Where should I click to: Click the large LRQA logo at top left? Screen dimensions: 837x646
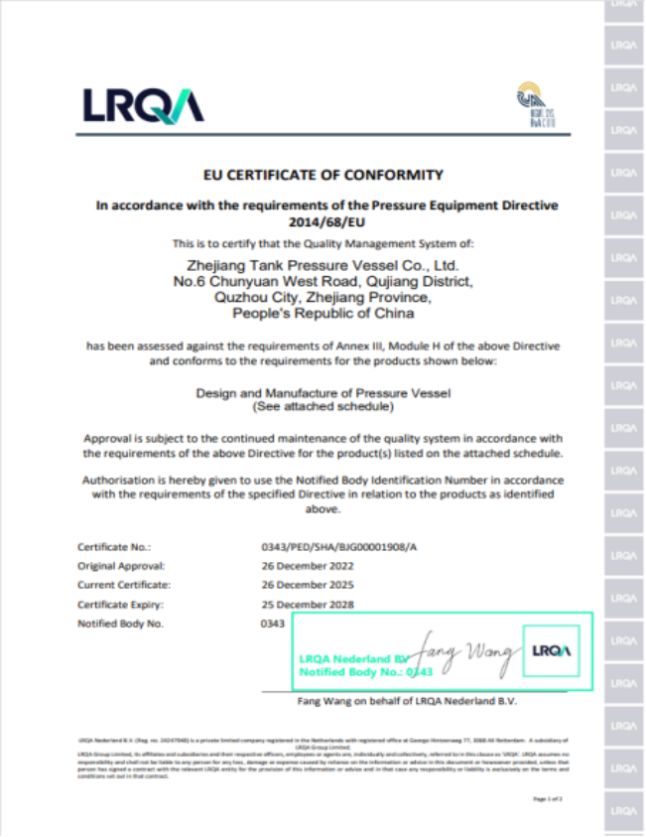[x=143, y=105]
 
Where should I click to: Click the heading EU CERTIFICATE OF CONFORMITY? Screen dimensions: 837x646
[x=323, y=175]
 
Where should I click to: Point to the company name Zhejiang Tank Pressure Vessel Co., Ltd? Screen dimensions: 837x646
[x=323, y=266]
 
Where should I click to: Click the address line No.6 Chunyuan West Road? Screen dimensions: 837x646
[x=323, y=281]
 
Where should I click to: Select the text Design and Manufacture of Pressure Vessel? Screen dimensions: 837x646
[x=323, y=393]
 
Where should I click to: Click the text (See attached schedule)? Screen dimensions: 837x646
[x=323, y=407]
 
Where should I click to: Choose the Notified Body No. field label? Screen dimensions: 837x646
[x=120, y=624]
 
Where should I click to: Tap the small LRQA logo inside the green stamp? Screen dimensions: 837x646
[x=551, y=651]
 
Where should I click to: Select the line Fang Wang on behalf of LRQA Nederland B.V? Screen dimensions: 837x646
[x=407, y=701]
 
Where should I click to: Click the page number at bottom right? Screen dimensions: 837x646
[x=547, y=798]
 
